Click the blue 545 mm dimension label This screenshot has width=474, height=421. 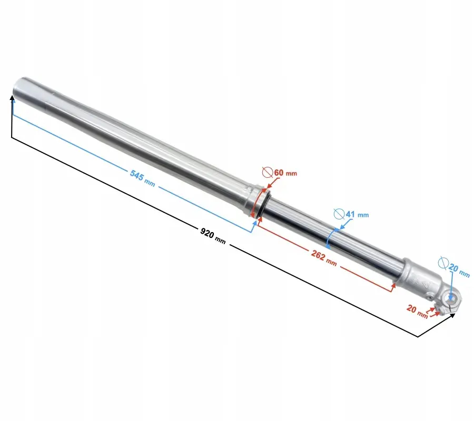(x=142, y=178)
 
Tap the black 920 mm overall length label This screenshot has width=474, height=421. (x=213, y=236)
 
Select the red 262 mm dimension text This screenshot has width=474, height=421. (x=324, y=258)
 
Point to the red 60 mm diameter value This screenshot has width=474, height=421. (x=285, y=173)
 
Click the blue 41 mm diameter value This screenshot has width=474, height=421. (x=357, y=214)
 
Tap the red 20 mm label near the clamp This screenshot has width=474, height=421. (x=417, y=312)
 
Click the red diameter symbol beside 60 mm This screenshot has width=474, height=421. (x=268, y=172)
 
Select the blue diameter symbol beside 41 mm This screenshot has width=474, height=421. (x=339, y=214)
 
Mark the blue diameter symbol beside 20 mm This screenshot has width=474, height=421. (x=443, y=263)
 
